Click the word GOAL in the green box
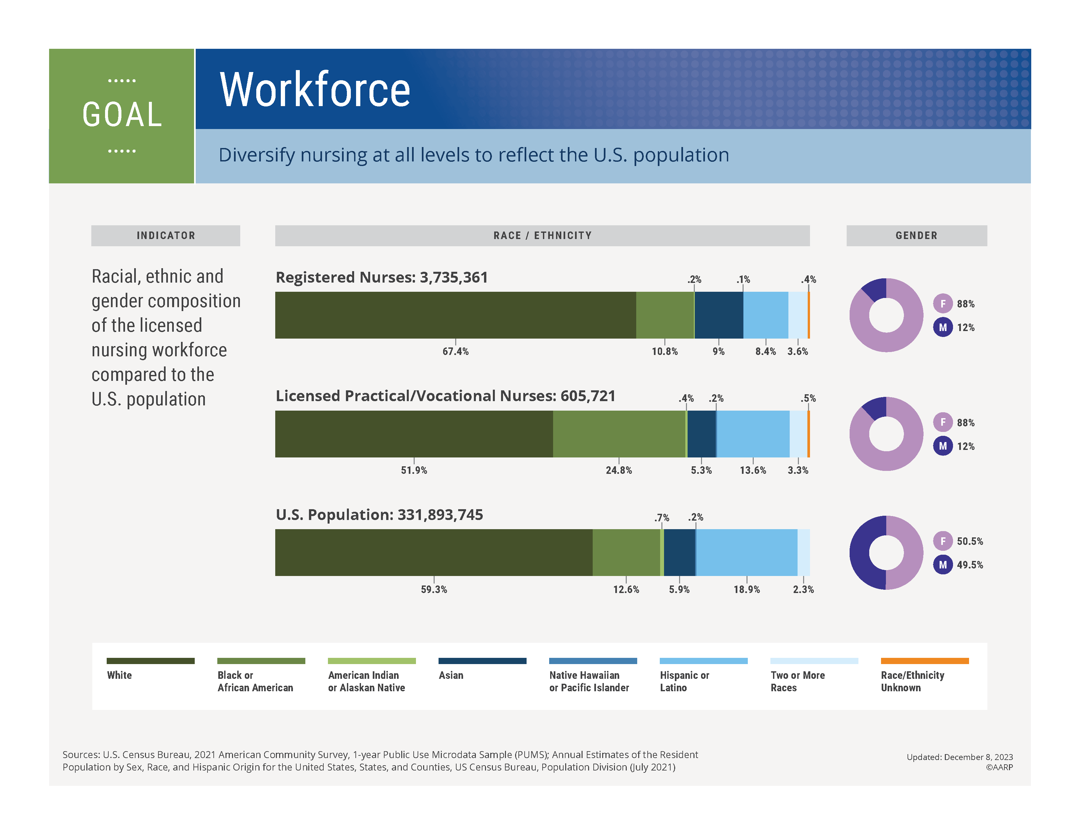(122, 115)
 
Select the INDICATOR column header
(166, 235)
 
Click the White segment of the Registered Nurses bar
(455, 315)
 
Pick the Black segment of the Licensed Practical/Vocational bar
(619, 434)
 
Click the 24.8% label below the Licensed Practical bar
(619, 470)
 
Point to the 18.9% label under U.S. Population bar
(746, 589)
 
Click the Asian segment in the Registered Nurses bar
(718, 315)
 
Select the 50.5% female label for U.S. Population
(969, 541)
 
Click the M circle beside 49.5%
(943, 565)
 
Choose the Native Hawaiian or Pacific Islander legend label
(588, 681)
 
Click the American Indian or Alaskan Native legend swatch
(371, 661)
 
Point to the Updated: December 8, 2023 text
(959, 757)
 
